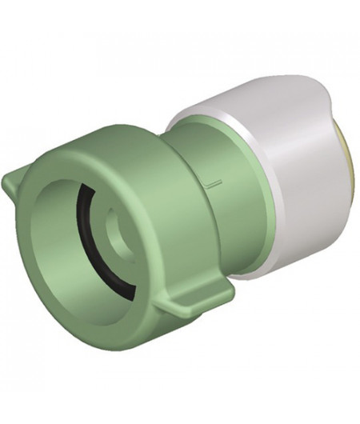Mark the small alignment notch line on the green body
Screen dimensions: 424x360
(210, 185)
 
